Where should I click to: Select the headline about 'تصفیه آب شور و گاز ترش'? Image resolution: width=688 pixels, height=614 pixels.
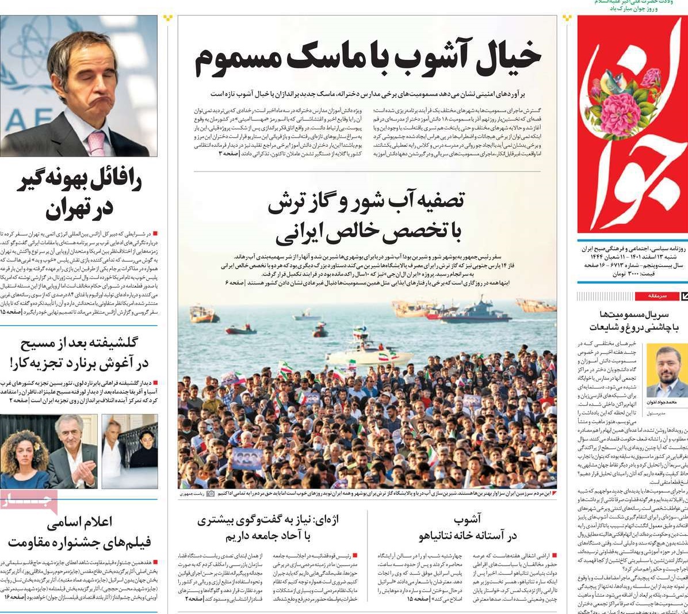(x=366, y=217)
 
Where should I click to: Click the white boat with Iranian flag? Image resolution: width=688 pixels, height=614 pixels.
(x=368, y=352)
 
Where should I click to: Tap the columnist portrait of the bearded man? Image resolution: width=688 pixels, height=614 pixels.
(x=666, y=371)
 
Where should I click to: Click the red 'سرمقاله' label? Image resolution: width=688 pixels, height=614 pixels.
(x=656, y=296)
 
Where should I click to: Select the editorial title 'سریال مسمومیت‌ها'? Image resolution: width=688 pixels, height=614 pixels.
(x=633, y=321)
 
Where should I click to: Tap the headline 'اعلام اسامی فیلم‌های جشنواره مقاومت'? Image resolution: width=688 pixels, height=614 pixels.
(x=81, y=532)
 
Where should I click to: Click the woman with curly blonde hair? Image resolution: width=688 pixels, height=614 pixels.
(x=24, y=452)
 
